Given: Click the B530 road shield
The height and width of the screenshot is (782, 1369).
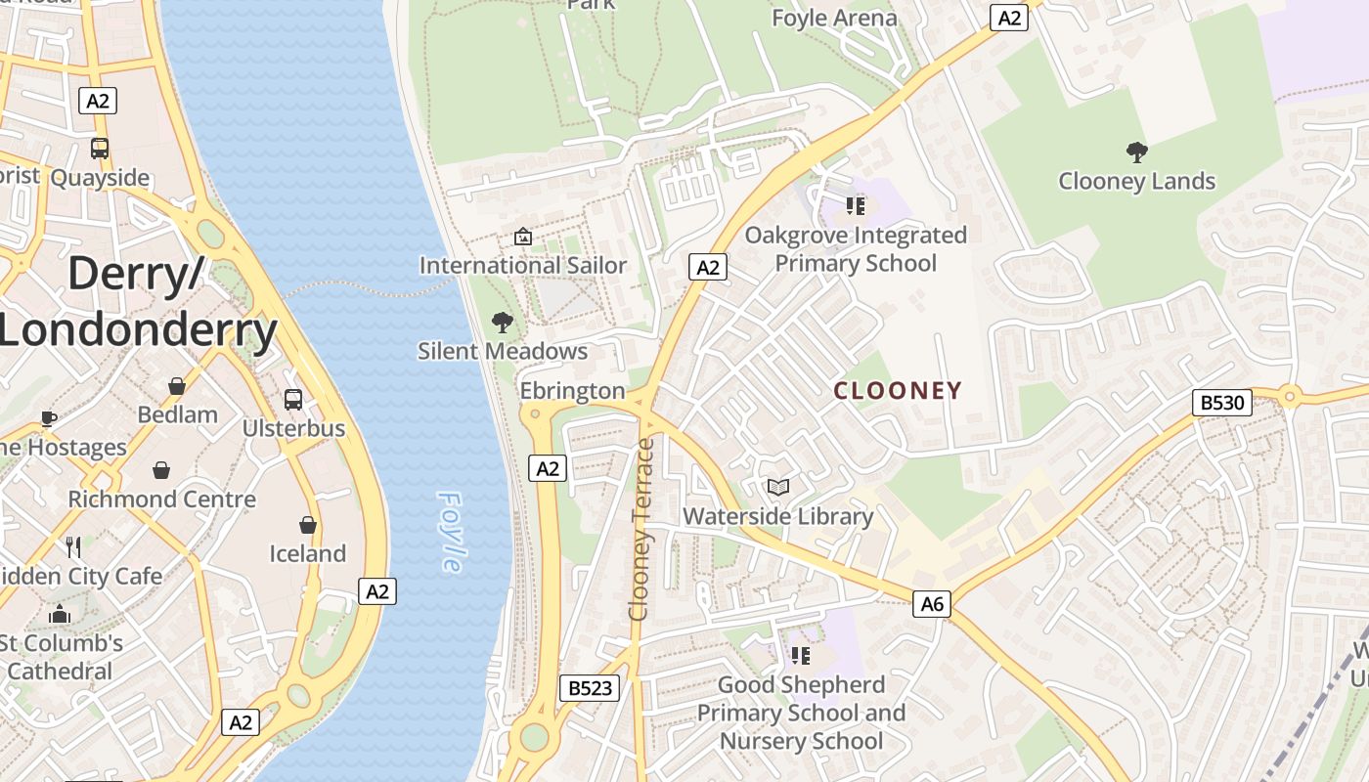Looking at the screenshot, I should pyautogui.click(x=1222, y=403).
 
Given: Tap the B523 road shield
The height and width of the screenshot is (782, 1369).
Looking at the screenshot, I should pyautogui.click(x=591, y=688).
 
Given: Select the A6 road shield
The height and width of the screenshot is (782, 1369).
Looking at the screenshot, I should pyautogui.click(x=933, y=604).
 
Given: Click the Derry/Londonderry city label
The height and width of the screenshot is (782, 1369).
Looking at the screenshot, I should pyautogui.click(x=137, y=301).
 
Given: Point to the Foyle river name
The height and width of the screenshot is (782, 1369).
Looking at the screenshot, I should pyautogui.click(x=451, y=532).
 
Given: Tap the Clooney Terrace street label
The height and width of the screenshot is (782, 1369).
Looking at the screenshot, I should pyautogui.click(x=641, y=529).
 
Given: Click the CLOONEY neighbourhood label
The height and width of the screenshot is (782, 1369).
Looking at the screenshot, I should pyautogui.click(x=898, y=391).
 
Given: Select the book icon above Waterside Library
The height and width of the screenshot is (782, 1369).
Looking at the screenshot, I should pyautogui.click(x=778, y=487).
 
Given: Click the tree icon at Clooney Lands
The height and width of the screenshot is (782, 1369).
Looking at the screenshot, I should pyautogui.click(x=1136, y=152).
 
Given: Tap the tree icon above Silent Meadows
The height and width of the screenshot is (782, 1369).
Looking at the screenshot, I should pyautogui.click(x=502, y=322).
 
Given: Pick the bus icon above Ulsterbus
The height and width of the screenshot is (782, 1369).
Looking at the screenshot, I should pyautogui.click(x=292, y=399).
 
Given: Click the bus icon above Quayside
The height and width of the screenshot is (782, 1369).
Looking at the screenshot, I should pyautogui.click(x=100, y=149).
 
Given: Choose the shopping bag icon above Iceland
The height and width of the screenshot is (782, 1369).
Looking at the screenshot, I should pyautogui.click(x=308, y=525).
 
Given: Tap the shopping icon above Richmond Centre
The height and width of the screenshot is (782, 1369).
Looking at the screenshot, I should pyautogui.click(x=161, y=470).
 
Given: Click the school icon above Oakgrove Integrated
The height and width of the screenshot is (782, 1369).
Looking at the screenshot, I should pyautogui.click(x=856, y=205).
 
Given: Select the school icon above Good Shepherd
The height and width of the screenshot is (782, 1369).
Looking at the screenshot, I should pyautogui.click(x=801, y=655).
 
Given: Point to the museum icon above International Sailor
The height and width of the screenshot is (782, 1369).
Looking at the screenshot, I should pyautogui.click(x=523, y=237).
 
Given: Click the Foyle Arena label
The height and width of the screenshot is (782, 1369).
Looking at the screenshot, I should pyautogui.click(x=834, y=18).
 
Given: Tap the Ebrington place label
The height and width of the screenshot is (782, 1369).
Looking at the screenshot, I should pyautogui.click(x=572, y=391).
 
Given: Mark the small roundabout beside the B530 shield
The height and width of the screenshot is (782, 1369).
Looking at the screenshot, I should pyautogui.click(x=1289, y=396).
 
